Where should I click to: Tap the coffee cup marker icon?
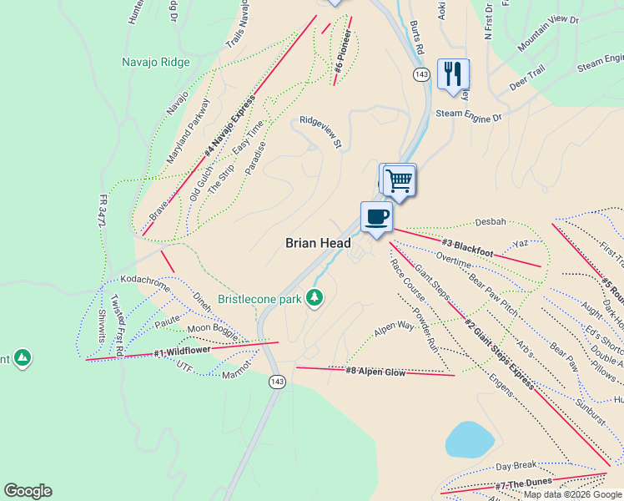click(376, 217)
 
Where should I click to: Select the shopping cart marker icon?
click(400, 179)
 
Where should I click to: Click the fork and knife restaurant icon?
click(452, 73)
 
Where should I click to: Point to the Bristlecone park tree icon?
click(315, 298)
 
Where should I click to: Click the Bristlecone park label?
click(259, 299)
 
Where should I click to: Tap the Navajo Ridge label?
click(156, 62)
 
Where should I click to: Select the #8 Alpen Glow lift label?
click(375, 372)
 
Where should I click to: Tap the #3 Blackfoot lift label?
click(468, 248)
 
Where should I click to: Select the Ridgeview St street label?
click(321, 132)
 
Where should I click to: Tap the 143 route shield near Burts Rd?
click(421, 75)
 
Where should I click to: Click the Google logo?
click(28, 491)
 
